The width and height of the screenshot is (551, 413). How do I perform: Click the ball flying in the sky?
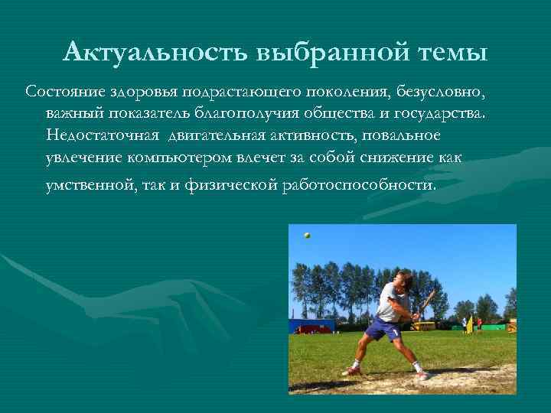(307, 236)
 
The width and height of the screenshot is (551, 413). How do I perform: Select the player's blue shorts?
(383, 330)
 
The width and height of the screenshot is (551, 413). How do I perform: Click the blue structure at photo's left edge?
(309, 326)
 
